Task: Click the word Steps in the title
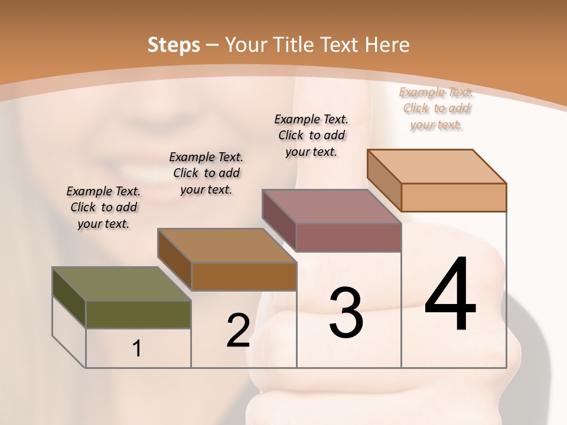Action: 173,45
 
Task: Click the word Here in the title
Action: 388,45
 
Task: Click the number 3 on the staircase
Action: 346,312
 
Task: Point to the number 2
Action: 238,331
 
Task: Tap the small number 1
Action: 137,348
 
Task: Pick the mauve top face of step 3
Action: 332,207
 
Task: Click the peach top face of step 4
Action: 437,166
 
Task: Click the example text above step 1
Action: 103,207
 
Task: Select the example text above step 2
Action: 206,173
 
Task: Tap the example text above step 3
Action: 311,135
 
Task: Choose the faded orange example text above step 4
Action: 436,108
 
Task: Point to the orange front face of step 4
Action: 454,197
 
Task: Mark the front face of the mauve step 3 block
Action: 348,237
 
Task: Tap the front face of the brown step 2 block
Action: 244,276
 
